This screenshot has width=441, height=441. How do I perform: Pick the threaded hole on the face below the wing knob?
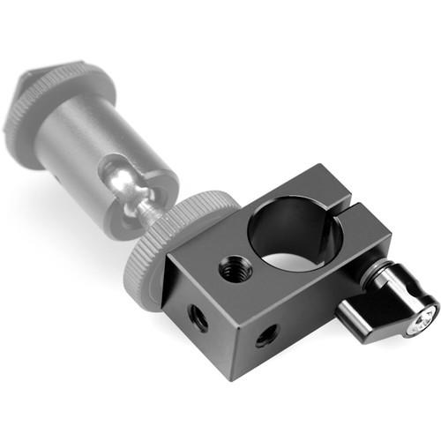pos(265,334)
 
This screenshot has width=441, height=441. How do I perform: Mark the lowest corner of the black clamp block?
pos(231,377)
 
